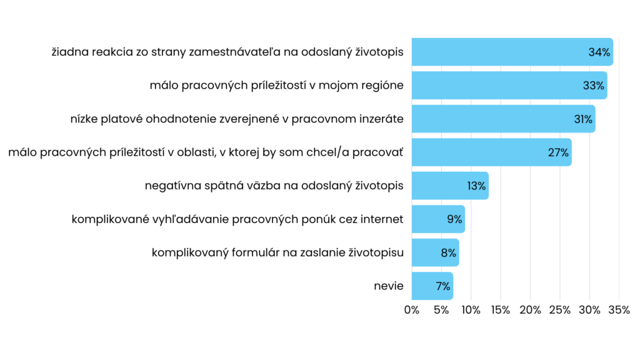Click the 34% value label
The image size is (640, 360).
coord(599,52)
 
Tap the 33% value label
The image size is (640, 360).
coord(593,86)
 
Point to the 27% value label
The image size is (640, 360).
coord(557,152)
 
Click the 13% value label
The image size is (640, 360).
coord(476,186)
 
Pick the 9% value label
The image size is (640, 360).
coord(454,219)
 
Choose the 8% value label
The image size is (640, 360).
coord(448,253)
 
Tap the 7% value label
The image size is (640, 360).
coord(442,286)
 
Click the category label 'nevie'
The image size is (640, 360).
coord(389,286)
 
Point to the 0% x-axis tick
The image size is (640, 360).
coord(412,310)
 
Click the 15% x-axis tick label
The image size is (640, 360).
coord(501,310)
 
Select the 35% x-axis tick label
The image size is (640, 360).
coord(619,310)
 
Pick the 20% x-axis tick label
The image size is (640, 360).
coord(530,310)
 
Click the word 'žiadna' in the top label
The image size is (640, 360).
coord(69,52)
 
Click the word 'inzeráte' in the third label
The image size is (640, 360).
coord(380,119)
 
